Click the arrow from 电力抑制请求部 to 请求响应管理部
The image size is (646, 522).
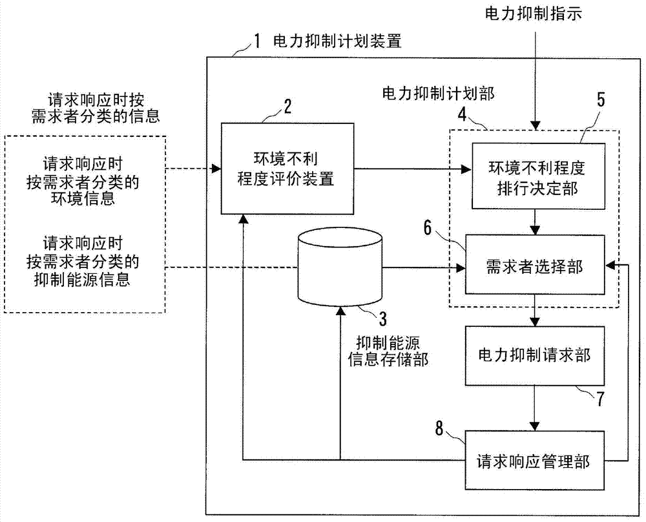coord(534,404)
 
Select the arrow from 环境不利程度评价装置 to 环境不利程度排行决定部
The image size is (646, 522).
coord(413,170)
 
